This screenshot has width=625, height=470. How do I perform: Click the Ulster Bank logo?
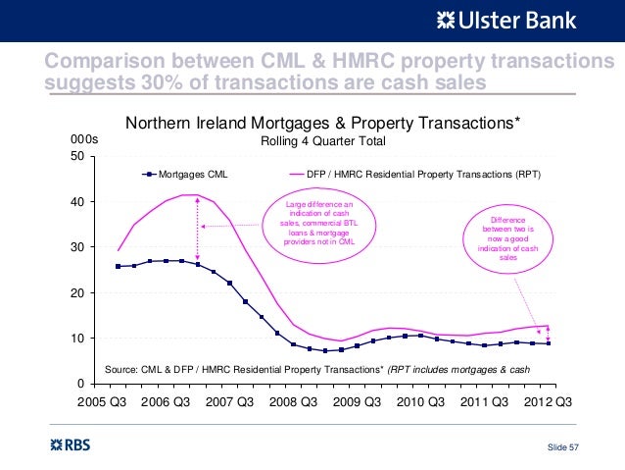click(506, 22)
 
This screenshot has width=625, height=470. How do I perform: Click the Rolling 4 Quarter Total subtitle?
click(323, 141)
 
